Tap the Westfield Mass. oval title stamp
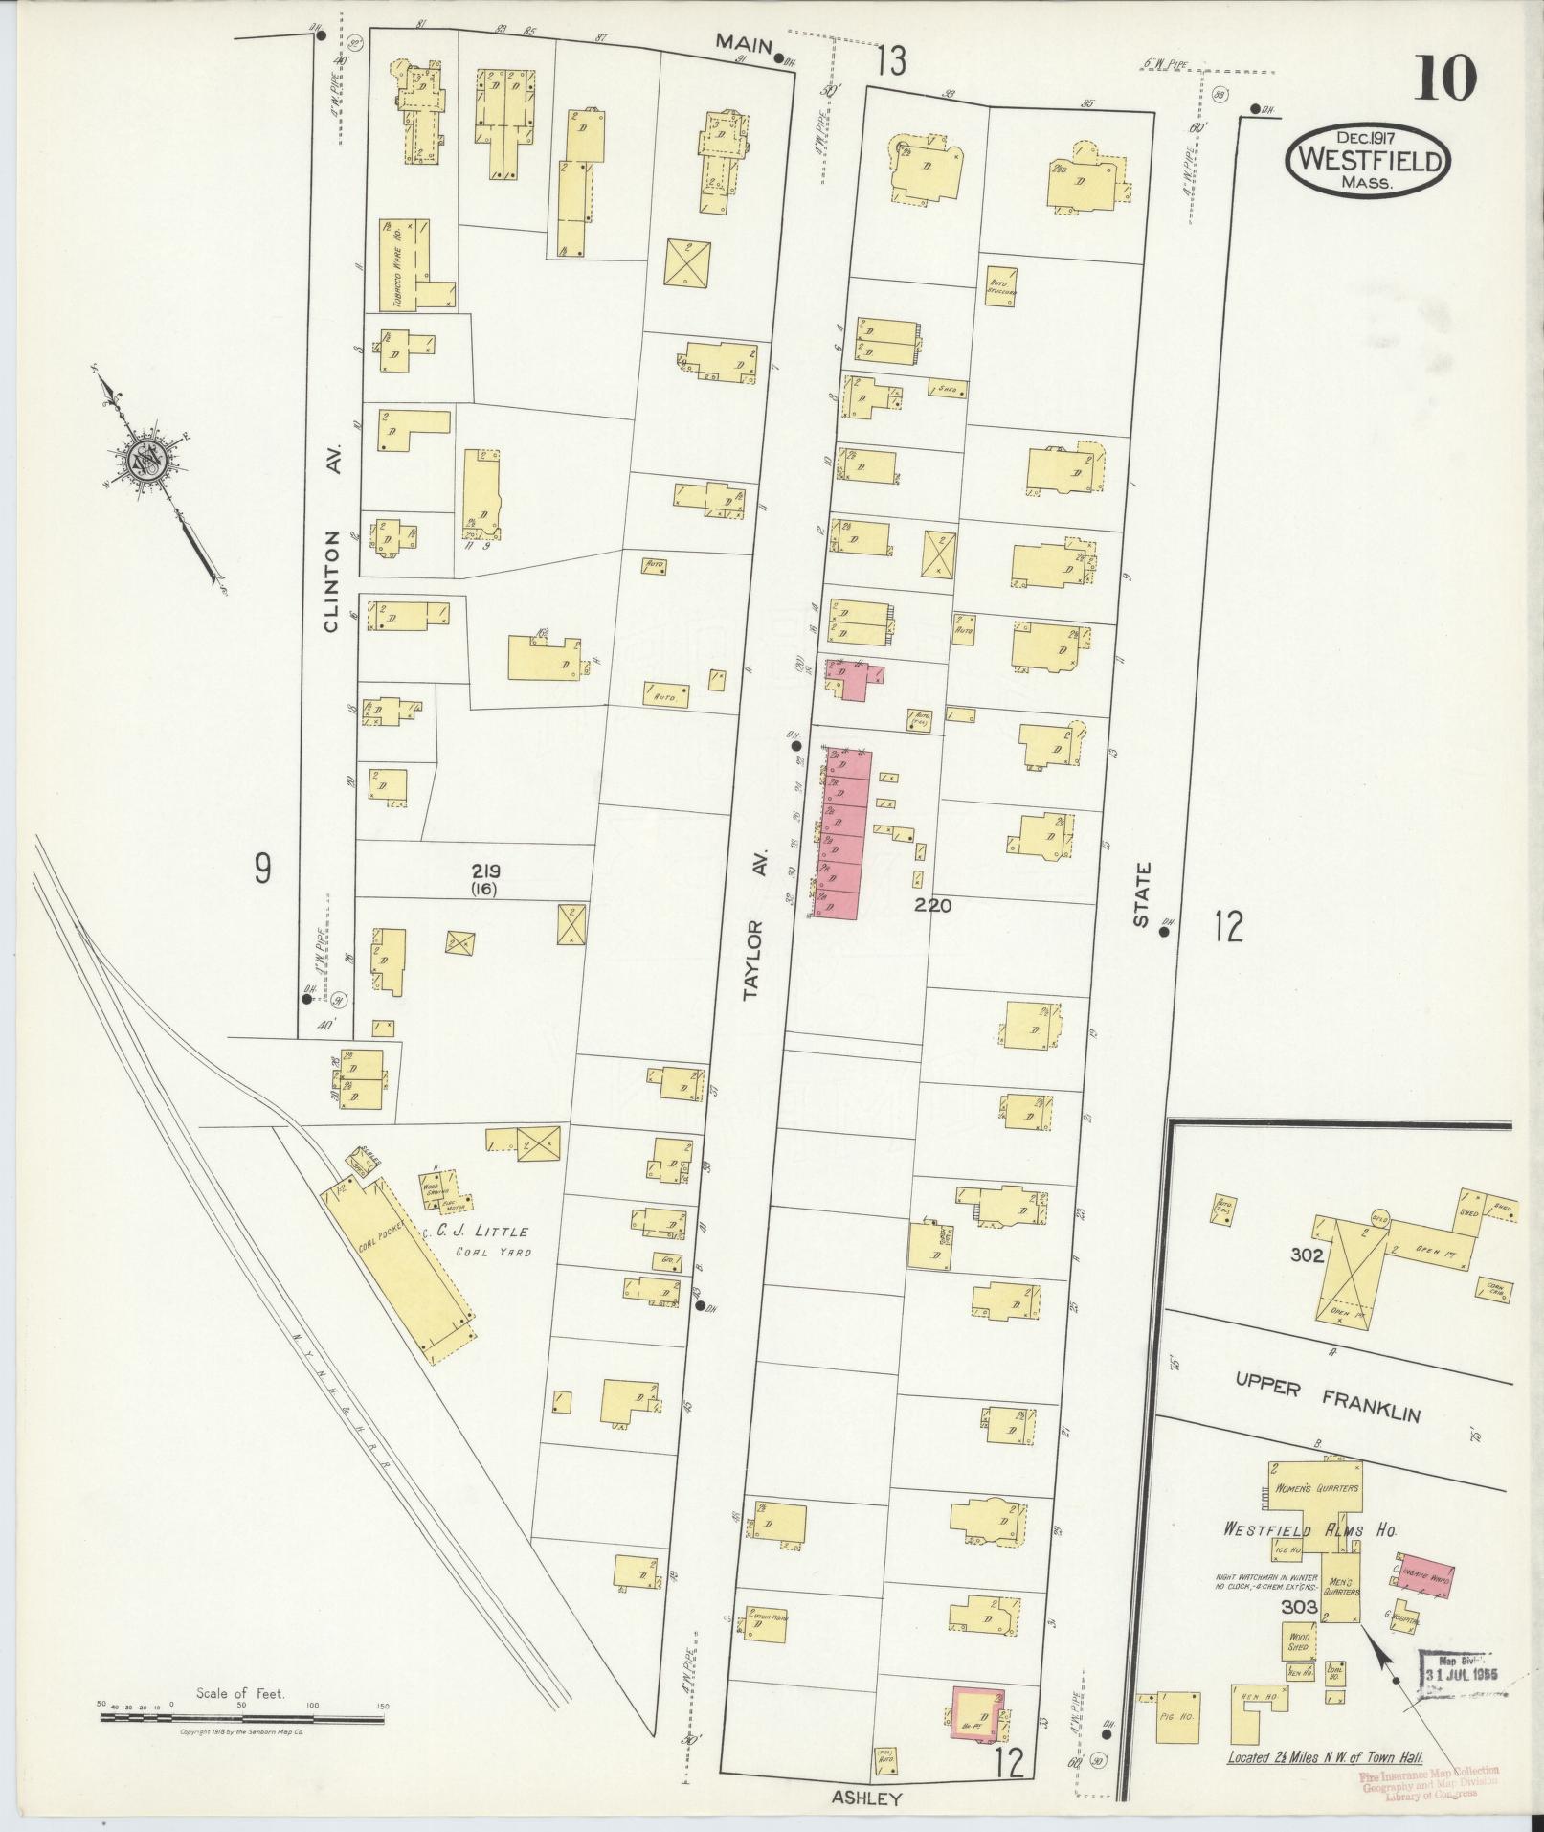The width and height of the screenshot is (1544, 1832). coord(1368,160)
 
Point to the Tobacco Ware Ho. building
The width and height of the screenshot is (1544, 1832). coord(411,263)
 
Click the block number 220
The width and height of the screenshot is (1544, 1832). coord(931,904)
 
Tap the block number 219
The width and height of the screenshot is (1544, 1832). coord(485,871)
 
